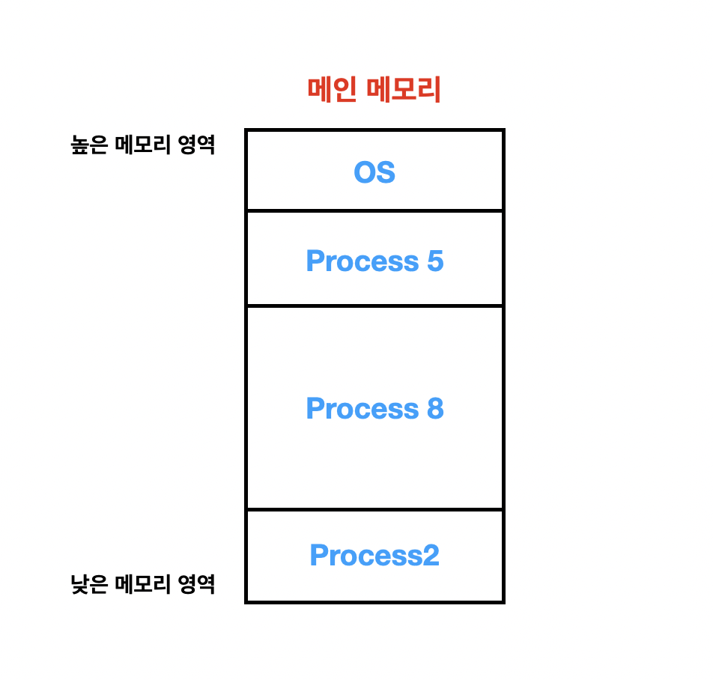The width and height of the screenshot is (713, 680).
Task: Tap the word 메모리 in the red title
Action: click(404, 91)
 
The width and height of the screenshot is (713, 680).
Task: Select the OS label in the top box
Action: click(374, 173)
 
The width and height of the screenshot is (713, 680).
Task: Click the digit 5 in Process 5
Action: click(435, 261)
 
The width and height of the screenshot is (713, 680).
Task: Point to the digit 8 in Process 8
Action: click(435, 409)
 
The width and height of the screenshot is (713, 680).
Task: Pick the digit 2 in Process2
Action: click(431, 556)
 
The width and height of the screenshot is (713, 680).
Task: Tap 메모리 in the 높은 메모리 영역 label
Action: click(142, 145)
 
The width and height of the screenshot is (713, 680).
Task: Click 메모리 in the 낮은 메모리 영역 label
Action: click(142, 584)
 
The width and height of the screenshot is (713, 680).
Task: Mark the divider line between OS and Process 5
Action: click(374, 211)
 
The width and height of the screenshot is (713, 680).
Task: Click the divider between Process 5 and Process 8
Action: click(374, 306)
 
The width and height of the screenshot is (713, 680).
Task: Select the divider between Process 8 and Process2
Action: click(374, 510)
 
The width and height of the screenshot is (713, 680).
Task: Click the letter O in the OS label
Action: click(364, 173)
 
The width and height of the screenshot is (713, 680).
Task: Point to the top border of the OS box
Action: click(374, 130)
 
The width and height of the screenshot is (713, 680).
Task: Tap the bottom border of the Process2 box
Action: click(374, 601)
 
